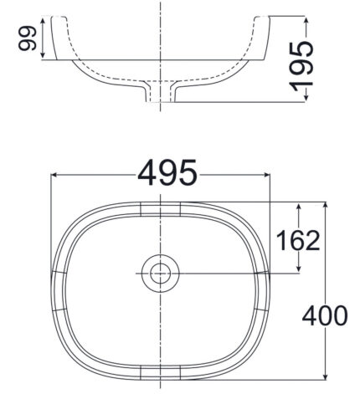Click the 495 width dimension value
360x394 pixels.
pos(167,174)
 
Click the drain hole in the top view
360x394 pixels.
pos(159,274)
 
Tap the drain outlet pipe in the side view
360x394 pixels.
pos(159,93)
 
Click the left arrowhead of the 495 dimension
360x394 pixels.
pos(56,175)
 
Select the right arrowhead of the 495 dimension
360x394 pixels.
pos(266,175)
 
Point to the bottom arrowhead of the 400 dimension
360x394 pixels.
pos(326,373)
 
